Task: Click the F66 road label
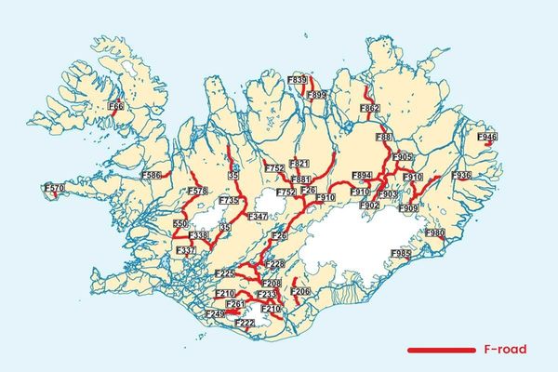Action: click(116, 107)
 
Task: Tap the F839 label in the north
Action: click(298, 81)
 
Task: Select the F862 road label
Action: click(369, 109)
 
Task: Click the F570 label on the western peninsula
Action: click(55, 189)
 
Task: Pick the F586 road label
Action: click(151, 175)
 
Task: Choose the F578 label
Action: click(197, 192)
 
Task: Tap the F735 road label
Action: click(229, 201)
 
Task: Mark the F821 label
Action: click(299, 164)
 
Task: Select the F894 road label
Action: click(363, 175)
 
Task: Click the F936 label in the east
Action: click(461, 175)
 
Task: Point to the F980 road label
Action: click(434, 232)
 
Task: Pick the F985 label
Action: click(401, 253)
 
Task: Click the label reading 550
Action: click(180, 225)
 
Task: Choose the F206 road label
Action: click(299, 292)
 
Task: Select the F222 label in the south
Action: click(245, 323)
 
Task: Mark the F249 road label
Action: click(215, 315)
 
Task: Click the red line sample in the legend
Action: click(443, 350)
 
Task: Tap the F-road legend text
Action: click(506, 350)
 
